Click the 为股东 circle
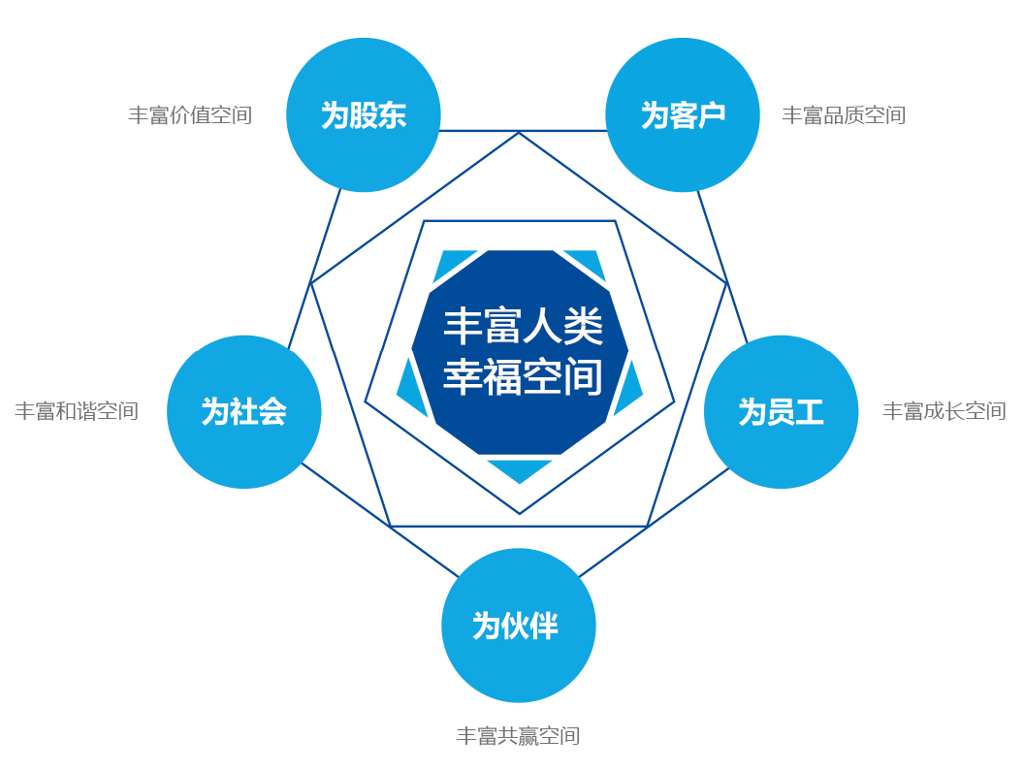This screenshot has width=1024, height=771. [364, 115]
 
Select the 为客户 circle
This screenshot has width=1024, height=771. [683, 115]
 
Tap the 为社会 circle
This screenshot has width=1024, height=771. [244, 412]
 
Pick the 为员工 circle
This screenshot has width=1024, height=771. [781, 412]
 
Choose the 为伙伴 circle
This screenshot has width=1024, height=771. [519, 626]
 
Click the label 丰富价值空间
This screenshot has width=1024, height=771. [190, 115]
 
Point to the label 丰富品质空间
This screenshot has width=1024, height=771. [844, 115]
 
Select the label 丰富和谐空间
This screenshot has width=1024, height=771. [77, 411]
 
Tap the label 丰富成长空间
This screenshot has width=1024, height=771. [944, 411]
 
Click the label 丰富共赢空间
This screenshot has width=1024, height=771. [518, 736]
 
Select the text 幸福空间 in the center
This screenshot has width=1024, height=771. [523, 377]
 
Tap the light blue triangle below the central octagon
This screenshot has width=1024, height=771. [520, 470]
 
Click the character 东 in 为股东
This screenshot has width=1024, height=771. [392, 115]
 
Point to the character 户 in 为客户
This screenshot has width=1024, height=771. [711, 115]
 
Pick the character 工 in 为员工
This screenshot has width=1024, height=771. [809, 412]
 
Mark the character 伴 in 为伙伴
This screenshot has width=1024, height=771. [543, 626]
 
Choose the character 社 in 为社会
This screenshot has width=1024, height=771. [243, 412]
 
